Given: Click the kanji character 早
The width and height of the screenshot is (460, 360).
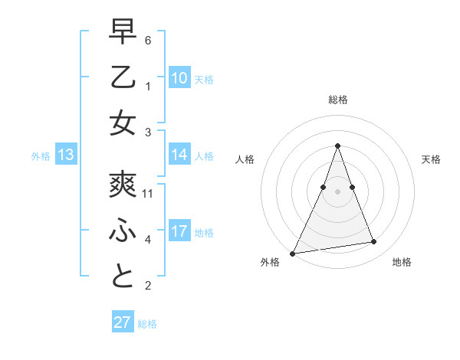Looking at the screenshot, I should pos(123,32).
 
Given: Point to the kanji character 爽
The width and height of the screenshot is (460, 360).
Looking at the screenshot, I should pos(123,185).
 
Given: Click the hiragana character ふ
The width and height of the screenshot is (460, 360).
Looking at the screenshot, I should pos(123,231).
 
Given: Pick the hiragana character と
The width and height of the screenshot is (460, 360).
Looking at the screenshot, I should pos(123,277).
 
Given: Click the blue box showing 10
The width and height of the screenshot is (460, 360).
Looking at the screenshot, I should pos(179,78).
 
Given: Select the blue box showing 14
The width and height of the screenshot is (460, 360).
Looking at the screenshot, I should pos(179,155).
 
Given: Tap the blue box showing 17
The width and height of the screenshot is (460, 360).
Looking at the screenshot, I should pos(179,231).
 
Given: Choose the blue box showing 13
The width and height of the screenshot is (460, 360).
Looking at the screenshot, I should pos(65,155).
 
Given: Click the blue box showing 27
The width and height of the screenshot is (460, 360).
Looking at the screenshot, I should pos(123,322).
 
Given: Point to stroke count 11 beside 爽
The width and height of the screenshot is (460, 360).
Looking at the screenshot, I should pos(148,194).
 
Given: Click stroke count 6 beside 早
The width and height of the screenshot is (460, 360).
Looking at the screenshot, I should pos(148,40).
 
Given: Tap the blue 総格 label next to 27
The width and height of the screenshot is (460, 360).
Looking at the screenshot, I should pos(147,324).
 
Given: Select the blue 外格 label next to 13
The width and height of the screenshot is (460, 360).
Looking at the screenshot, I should pos(41,156).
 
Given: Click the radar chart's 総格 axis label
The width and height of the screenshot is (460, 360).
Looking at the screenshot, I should pos(337,100).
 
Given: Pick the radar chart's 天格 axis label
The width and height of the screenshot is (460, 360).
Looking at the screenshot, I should pos(432,159).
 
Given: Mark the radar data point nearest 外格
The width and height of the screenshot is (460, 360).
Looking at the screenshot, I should pos(293,253).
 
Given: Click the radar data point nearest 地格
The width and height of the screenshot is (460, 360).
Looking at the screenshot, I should pos(374,242).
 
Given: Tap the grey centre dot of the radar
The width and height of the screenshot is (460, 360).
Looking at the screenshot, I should pos(337,191).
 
